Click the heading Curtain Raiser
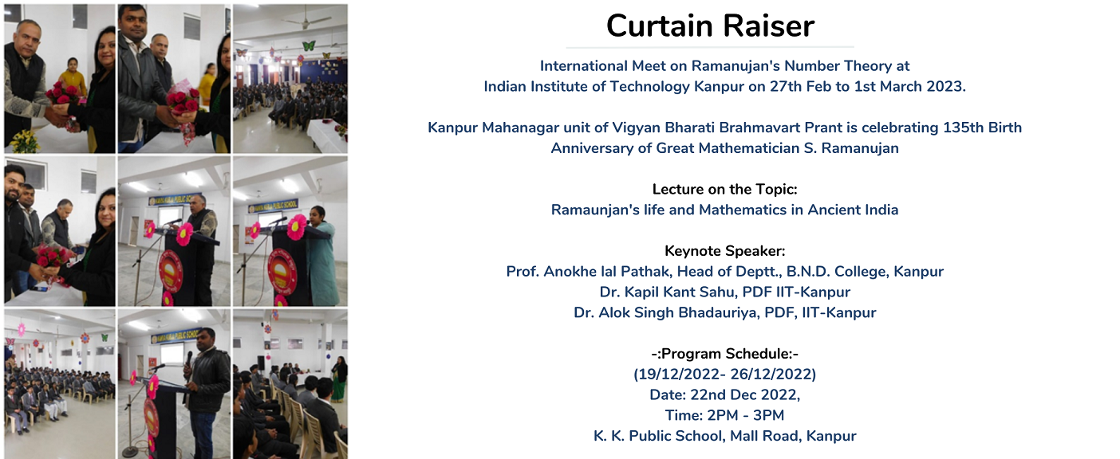(710, 25)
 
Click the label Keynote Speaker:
(724, 251)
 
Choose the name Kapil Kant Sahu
(668, 292)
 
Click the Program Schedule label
(724, 354)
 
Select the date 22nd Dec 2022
(744, 394)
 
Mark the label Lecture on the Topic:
(724, 190)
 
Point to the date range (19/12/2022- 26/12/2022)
(724, 374)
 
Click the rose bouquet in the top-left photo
(63, 95)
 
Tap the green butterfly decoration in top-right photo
(309, 46)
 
